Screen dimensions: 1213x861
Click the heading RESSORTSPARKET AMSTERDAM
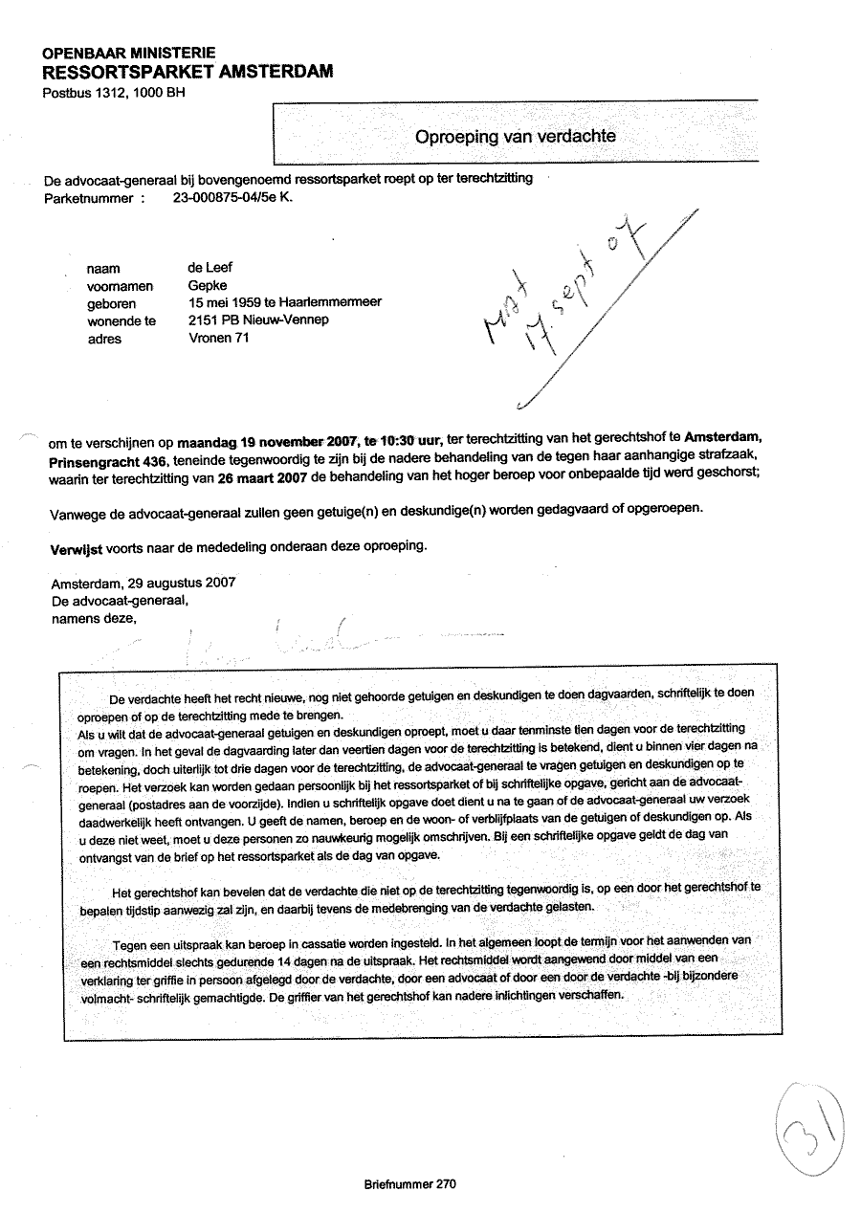coord(188,72)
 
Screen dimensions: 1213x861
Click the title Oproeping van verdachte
coord(515,136)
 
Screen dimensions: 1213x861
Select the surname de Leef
coord(210,268)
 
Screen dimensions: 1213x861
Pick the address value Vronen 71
coord(219,337)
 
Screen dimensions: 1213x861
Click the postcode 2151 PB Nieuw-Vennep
coord(258,320)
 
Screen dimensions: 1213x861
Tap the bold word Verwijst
coord(76,548)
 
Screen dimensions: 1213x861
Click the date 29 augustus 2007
coord(181,582)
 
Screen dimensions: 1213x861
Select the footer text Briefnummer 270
coord(409,1184)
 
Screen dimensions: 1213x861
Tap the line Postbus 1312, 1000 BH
coord(114,93)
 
